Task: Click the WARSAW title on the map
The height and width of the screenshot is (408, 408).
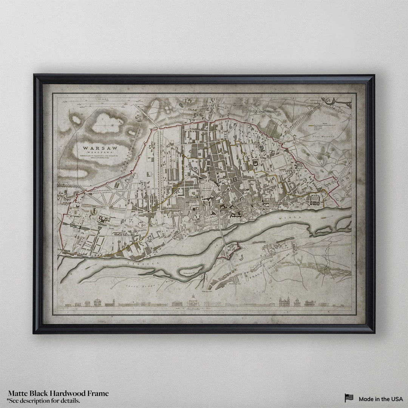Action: point(100,148)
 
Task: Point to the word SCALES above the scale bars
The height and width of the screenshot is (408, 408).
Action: point(102,99)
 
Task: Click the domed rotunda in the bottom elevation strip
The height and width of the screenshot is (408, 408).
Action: point(193,301)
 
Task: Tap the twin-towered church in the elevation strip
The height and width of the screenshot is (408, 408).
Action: point(284,301)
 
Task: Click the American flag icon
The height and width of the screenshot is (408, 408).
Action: point(349,398)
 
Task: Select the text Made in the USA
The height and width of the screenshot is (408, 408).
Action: point(381,399)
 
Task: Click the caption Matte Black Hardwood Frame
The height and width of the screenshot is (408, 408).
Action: point(58,394)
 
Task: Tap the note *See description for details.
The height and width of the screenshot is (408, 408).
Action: point(43,400)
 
